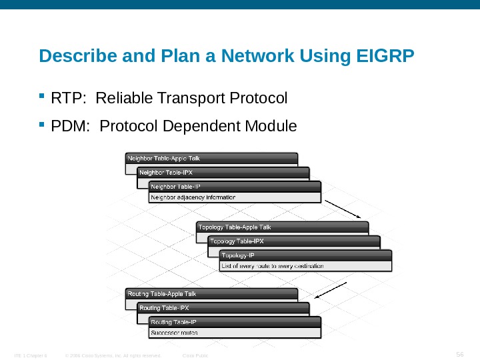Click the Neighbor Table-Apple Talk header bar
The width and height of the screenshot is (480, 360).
pyautogui.click(x=211, y=158)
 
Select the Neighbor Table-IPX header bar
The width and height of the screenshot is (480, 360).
pyautogui.click(x=223, y=172)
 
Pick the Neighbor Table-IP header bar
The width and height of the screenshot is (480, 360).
pyautogui.click(x=234, y=186)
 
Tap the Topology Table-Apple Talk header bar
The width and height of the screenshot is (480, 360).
pyautogui.click(x=283, y=227)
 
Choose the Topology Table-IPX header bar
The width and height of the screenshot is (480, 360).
pyautogui.click(x=294, y=241)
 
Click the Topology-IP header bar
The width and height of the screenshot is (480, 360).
pyautogui.click(x=305, y=255)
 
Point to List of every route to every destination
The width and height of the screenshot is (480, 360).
pyautogui.click(x=273, y=266)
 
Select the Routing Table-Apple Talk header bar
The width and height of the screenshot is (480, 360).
pyautogui.click(x=211, y=293)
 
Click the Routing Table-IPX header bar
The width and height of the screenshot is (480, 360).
pyautogui.click(x=223, y=308)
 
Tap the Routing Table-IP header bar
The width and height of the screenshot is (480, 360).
pyautogui.click(x=234, y=322)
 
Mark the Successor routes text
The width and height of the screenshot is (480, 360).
pyautogui.click(x=175, y=332)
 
